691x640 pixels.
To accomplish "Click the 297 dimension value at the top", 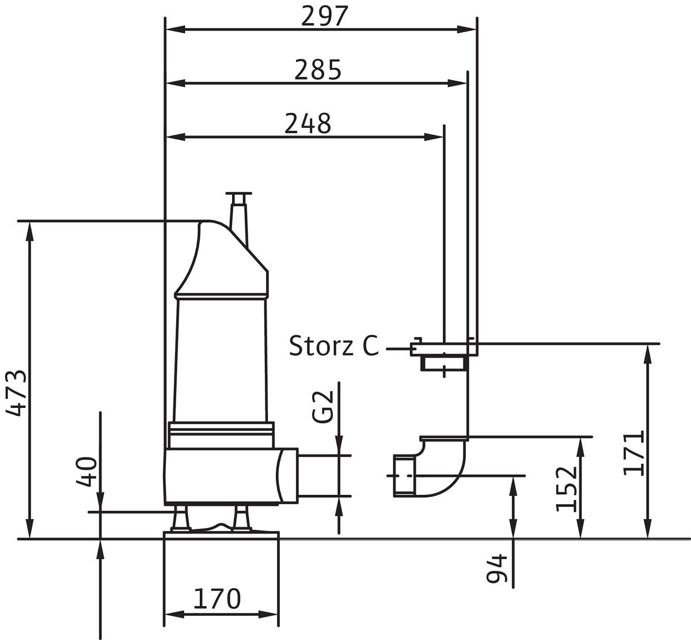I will point(325,17).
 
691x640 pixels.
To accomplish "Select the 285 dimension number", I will point(318,70).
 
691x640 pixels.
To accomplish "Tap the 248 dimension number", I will point(308,123).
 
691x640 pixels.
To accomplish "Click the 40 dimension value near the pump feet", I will point(87,472).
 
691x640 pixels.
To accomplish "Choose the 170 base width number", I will point(217,599).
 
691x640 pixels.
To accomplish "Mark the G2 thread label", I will point(325,406).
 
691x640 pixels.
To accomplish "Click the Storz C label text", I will point(333,346).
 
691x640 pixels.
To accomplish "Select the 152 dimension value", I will point(567,488).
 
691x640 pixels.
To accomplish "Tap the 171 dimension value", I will point(634,452).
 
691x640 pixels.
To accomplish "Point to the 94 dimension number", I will point(497,569).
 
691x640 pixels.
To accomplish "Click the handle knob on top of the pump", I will point(239,196).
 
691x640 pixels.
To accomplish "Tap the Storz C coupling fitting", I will point(443,354).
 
